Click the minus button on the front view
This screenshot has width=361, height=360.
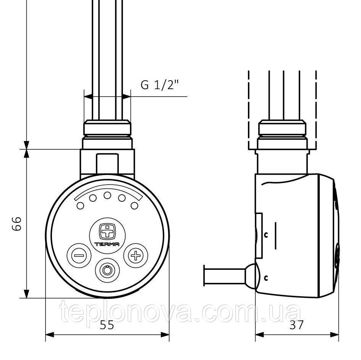pyautogui.click(x=79, y=255)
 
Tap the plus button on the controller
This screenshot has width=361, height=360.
pyautogui.click(x=136, y=255)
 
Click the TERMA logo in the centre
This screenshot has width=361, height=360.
pyautogui.click(x=107, y=235)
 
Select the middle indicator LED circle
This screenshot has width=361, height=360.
pyautogui.click(x=107, y=195)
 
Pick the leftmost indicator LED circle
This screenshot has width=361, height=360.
pyautogui.click(x=80, y=206)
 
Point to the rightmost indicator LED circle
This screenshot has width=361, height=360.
pyautogui.click(x=134, y=206)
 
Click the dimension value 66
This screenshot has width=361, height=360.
pyautogui.click(x=17, y=223)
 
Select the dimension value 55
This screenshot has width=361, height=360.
pyautogui.click(x=107, y=325)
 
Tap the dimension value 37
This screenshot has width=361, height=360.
pyautogui.click(x=296, y=325)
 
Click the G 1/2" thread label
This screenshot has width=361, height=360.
pyautogui.click(x=160, y=85)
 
